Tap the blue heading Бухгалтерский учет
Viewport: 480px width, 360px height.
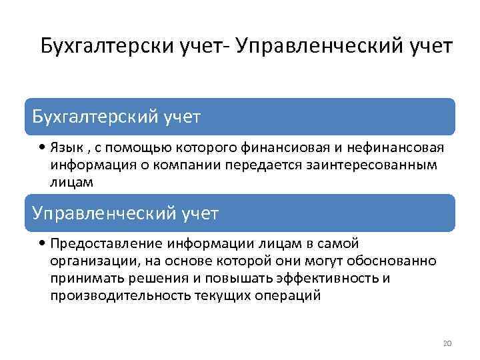point(117,117)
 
